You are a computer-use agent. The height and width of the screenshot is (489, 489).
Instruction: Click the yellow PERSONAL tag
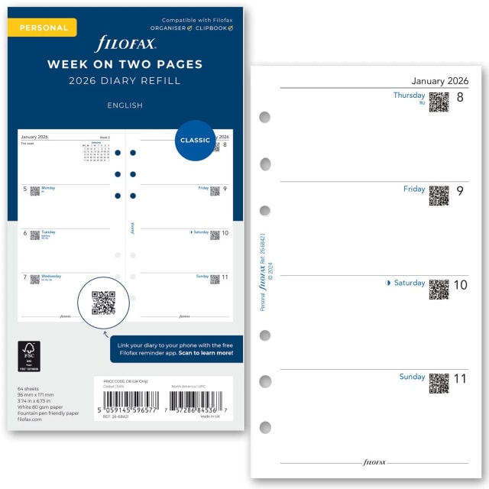pos(44,28)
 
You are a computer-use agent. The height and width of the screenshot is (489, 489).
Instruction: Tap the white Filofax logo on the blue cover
pos(125,44)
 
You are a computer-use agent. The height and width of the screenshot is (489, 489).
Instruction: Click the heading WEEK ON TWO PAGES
pos(125,64)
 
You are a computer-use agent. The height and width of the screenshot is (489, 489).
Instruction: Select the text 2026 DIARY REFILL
pos(125,81)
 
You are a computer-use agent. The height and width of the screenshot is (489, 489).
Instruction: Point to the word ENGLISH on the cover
pos(125,105)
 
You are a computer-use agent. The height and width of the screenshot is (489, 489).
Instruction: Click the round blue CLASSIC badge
pos(195,141)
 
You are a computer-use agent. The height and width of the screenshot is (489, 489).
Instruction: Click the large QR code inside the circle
pos(103,303)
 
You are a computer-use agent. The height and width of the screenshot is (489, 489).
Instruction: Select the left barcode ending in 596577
pos(128,400)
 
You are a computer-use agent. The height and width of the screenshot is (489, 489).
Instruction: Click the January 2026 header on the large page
pos(440,81)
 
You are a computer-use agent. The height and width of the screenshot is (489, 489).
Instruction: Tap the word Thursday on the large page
pos(409,96)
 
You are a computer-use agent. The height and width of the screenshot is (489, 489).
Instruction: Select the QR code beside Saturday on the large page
pos(439,289)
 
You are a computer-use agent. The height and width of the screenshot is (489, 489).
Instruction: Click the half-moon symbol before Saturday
pos(388,283)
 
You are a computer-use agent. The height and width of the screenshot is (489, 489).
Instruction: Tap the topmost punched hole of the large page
pos(265,118)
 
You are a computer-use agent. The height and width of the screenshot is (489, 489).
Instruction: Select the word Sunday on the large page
pos(412,377)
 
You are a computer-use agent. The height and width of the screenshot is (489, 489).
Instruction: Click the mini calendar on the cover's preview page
pos(96,151)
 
